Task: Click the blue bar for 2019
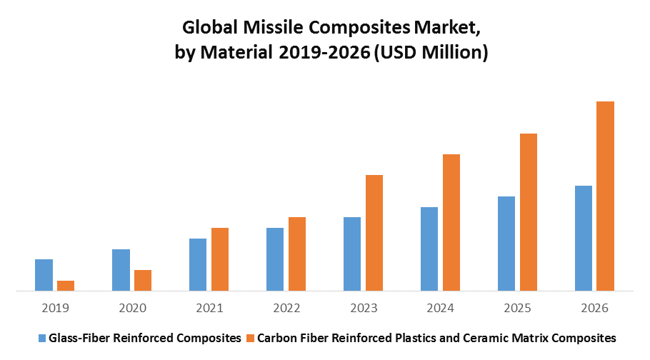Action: pyautogui.click(x=44, y=275)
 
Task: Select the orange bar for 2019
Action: pyautogui.click(x=66, y=286)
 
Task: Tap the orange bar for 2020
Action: pyautogui.click(x=143, y=280)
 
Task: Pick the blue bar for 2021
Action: pyautogui.click(x=198, y=264)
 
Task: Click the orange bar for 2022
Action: pyautogui.click(x=297, y=254)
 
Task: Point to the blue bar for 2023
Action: pyautogui.click(x=352, y=254)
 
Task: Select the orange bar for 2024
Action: pyautogui.click(x=451, y=222)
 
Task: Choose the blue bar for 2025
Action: pyautogui.click(x=506, y=244)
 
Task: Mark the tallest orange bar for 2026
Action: pyautogui.click(x=605, y=196)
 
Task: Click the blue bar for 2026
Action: pyautogui.click(x=584, y=238)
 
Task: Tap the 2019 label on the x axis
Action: pyautogui.click(x=55, y=308)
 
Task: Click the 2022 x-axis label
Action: pyautogui.click(x=286, y=308)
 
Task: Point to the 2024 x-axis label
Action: pyautogui.click(x=441, y=308)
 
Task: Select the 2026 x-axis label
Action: pyautogui.click(x=594, y=308)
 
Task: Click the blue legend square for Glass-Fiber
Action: pyautogui.click(x=42, y=337)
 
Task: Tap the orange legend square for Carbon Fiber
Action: pyautogui.click(x=249, y=337)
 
